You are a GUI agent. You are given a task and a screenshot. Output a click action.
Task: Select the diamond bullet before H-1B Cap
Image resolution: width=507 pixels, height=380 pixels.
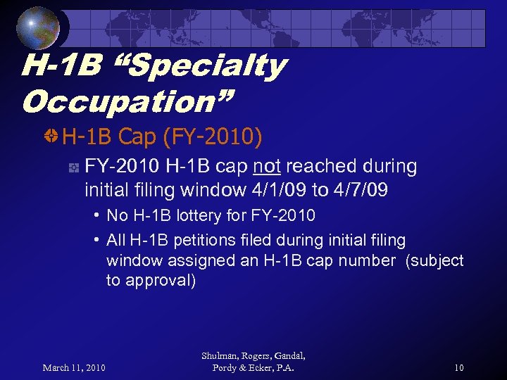point(52,137)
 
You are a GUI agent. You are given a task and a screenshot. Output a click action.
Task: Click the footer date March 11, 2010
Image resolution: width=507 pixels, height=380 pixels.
point(74,367)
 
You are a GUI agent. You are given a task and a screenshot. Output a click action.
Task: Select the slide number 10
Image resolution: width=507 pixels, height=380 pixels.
point(458,367)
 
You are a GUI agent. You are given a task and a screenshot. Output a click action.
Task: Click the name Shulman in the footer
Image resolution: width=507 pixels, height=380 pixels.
point(220,355)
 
